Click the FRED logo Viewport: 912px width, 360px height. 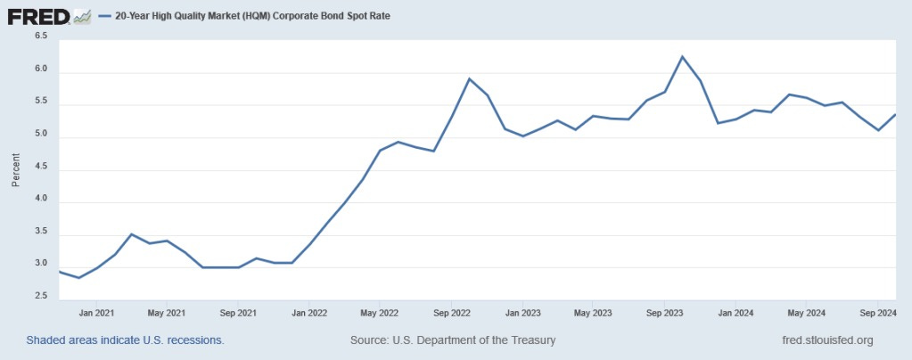(37, 15)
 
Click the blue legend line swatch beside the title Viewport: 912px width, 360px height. (104, 16)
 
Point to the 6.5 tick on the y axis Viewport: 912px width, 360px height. (41, 37)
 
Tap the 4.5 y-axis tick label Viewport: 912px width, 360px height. (41, 170)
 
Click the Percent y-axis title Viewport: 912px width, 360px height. (15, 168)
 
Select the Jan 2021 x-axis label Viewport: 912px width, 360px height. (96, 313)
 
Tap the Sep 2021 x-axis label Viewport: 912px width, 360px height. (239, 313)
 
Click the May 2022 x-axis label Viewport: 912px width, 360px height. (381, 313)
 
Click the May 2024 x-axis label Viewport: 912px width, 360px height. (807, 313)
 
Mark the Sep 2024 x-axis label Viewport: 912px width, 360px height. (878, 313)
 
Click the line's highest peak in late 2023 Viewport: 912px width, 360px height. (682, 57)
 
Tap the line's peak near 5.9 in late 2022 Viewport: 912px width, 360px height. (470, 78)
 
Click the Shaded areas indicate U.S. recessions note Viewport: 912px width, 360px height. (125, 340)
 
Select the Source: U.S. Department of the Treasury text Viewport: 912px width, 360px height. (453, 340)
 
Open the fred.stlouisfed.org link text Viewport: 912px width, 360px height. (826, 340)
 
